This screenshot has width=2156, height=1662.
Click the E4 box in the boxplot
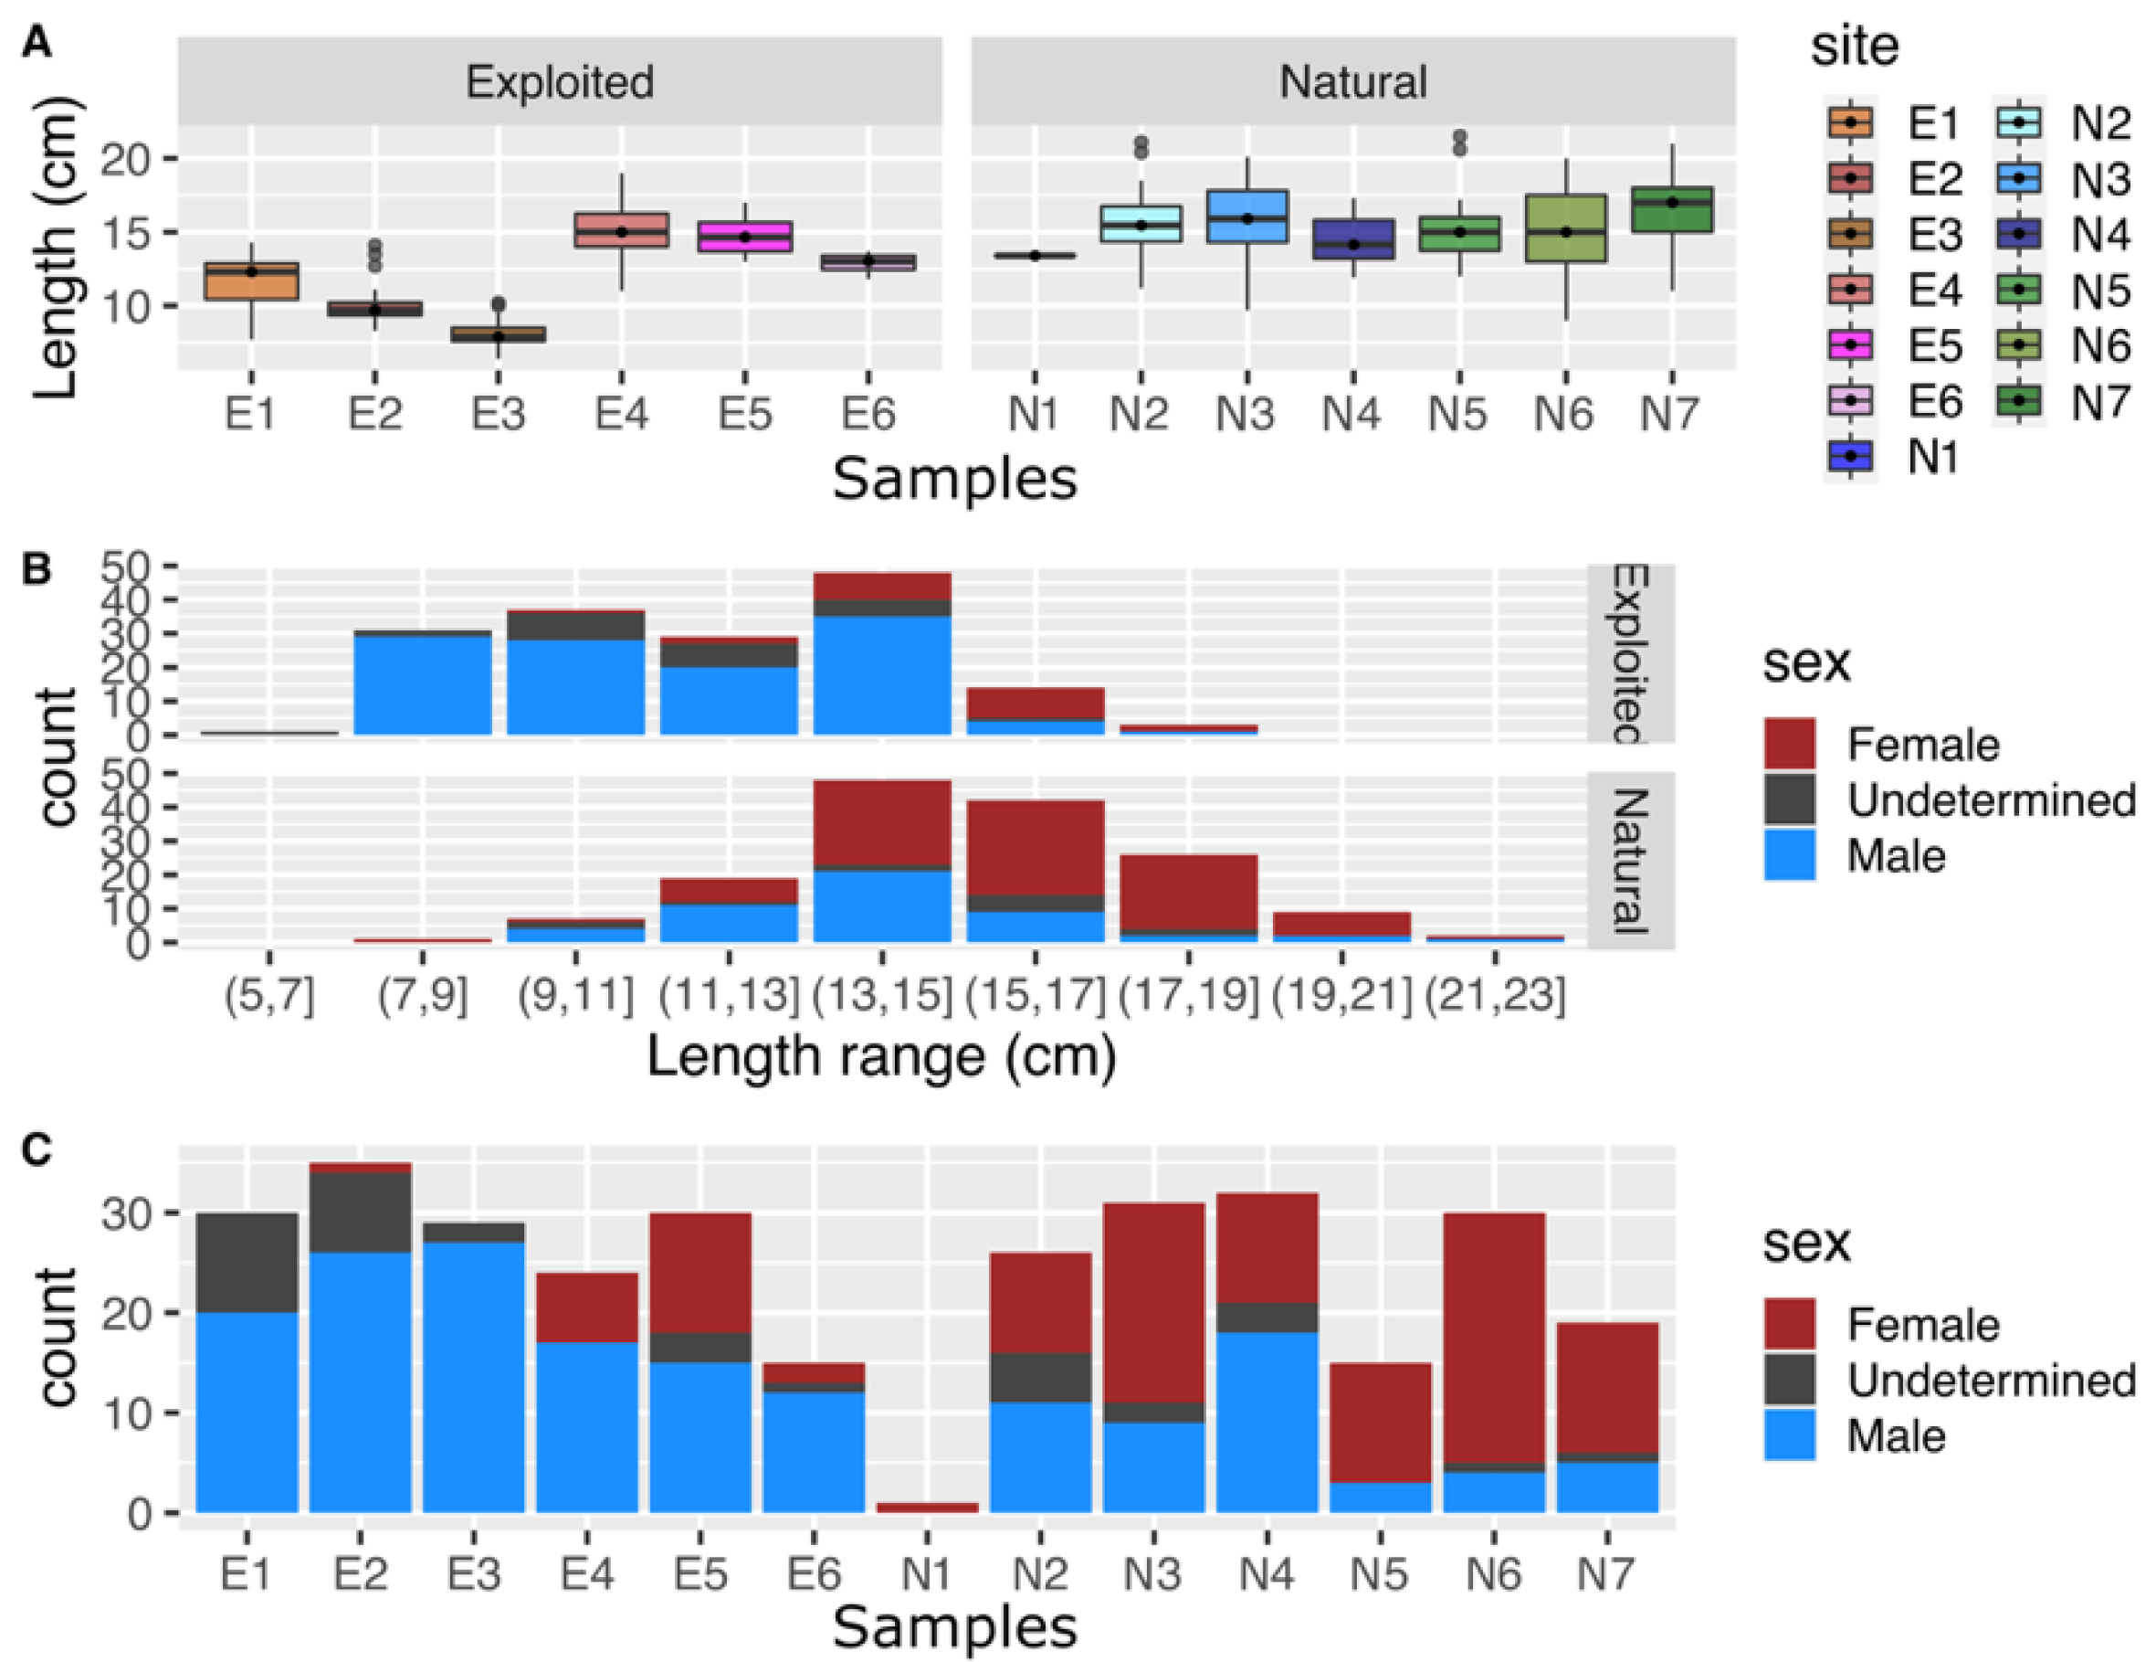(x=621, y=229)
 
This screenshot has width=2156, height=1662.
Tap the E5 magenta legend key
(x=1851, y=345)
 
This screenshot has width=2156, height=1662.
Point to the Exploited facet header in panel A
(x=559, y=81)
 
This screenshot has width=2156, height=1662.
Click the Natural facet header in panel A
(x=1352, y=81)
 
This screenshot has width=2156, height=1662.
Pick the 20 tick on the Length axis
(x=123, y=159)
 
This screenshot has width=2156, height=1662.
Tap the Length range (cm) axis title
(x=880, y=1056)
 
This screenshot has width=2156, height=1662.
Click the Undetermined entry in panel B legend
(x=1990, y=799)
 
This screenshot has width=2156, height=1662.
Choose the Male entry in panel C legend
(x=1896, y=1435)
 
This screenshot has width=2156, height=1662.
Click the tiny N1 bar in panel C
(x=927, y=1508)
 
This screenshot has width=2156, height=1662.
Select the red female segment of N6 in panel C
(x=1494, y=1337)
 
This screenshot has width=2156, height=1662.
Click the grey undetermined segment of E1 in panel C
(x=247, y=1262)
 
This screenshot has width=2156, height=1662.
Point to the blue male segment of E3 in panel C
(x=474, y=1377)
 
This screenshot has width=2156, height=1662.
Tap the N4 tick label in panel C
(x=1266, y=1573)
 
